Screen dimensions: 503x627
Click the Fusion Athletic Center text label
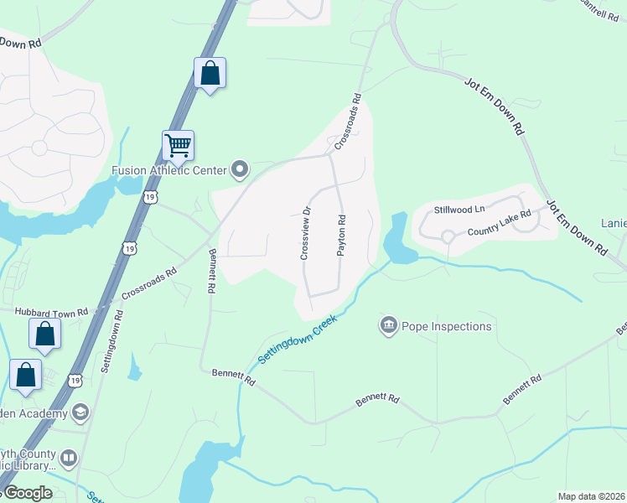169,170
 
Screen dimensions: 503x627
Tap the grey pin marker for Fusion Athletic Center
240,170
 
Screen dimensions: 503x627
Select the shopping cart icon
179,145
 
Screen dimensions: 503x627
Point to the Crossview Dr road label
305,233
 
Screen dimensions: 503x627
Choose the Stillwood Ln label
459,209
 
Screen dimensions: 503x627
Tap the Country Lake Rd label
500,223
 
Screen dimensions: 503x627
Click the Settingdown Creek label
297,339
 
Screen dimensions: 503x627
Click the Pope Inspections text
446,326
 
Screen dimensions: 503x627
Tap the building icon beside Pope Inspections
388,325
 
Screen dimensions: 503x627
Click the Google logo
27,493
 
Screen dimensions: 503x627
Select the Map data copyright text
592,496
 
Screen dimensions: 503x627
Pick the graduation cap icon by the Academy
80,412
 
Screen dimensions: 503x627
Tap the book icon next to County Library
69,459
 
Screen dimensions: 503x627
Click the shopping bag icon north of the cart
209,73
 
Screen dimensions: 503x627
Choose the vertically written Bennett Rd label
211,271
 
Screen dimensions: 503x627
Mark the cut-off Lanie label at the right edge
614,223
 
